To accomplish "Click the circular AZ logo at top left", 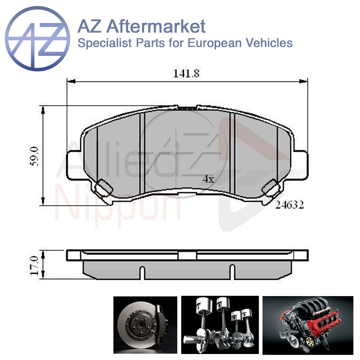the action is [x=37, y=39].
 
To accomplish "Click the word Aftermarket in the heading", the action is [x=156, y=27].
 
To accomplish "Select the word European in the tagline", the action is [x=214, y=43].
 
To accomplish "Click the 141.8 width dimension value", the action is [x=186, y=73].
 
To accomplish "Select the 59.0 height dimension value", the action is [x=34, y=156].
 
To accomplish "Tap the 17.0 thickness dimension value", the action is [x=34, y=266].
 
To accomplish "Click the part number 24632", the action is [x=289, y=205].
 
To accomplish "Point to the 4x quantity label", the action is [x=208, y=179].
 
